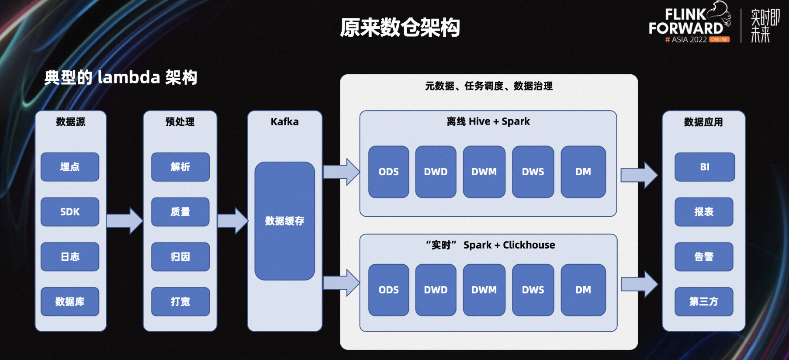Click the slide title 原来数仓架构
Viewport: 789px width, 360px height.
(400, 28)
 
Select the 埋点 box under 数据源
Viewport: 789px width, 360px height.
(70, 167)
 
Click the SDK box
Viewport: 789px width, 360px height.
(70, 212)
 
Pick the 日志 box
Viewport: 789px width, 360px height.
(70, 257)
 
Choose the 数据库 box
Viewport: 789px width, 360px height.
(70, 301)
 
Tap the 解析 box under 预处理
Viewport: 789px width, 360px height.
(180, 167)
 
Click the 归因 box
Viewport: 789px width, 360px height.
(180, 257)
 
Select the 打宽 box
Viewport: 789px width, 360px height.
(180, 301)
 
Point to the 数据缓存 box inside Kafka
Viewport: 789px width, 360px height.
(285, 221)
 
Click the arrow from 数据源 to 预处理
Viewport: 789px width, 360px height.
(125, 221)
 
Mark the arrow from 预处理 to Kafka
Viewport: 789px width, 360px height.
(233, 221)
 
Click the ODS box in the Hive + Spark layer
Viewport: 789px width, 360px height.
(389, 172)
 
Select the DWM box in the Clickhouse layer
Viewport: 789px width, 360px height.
(484, 290)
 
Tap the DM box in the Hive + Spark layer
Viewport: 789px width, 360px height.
(583, 172)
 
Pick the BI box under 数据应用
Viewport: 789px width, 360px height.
(705, 167)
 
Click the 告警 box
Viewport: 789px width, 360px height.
(704, 257)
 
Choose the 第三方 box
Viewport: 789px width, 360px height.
(704, 301)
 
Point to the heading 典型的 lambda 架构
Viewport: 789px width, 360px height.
(121, 77)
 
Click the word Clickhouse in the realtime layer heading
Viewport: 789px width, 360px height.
(529, 245)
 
